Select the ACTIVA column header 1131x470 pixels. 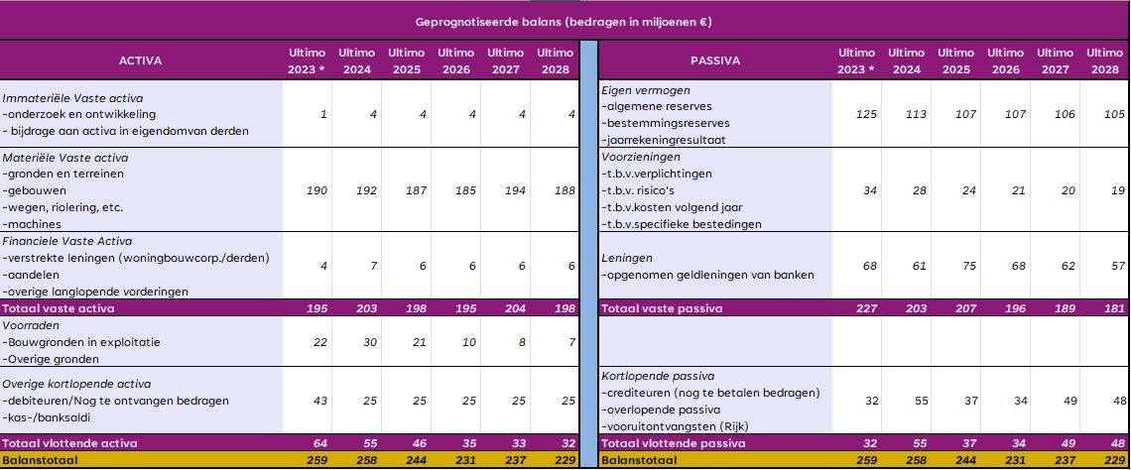click(140, 61)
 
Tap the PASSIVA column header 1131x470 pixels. click(714, 61)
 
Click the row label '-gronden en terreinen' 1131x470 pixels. click(63, 174)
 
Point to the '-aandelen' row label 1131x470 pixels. click(31, 275)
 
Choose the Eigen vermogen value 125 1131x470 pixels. click(866, 114)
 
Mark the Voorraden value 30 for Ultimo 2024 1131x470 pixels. click(369, 342)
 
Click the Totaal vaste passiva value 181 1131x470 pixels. click(1114, 308)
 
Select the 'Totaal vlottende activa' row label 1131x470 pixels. click(69, 443)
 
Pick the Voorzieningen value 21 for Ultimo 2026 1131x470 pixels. click(1018, 190)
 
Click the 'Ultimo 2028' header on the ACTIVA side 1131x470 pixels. click(555, 61)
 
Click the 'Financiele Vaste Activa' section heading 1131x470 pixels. click(67, 241)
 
